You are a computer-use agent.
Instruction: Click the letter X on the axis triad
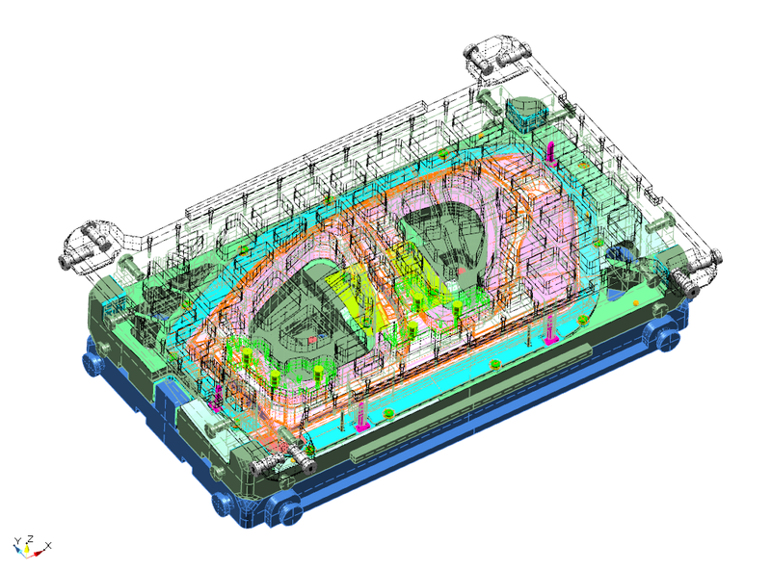(48, 545)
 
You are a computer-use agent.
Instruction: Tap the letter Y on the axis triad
(17, 541)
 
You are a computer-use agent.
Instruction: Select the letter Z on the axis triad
(31, 538)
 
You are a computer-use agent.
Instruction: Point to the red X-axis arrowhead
(39, 554)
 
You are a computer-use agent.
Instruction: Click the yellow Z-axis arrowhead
(28, 549)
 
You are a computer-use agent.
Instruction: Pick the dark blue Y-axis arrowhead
(19, 550)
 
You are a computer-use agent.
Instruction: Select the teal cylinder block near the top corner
(526, 113)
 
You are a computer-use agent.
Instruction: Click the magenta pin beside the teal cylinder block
(550, 152)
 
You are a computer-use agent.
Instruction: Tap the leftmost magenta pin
(216, 399)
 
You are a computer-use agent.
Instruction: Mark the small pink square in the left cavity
(312, 340)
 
